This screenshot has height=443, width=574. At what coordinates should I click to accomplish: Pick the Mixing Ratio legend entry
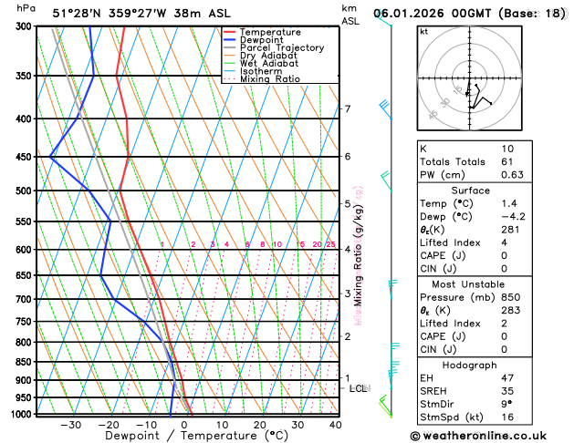click(269, 79)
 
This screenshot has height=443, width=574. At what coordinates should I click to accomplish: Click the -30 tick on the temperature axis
click(70, 425)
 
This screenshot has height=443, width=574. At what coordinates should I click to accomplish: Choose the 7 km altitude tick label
click(348, 109)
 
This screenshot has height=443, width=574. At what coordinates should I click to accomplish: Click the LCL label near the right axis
click(358, 388)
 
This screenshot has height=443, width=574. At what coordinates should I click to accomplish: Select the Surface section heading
click(489, 190)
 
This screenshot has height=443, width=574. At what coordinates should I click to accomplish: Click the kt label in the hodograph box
click(424, 31)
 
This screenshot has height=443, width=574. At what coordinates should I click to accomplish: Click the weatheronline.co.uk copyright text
click(490, 437)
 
